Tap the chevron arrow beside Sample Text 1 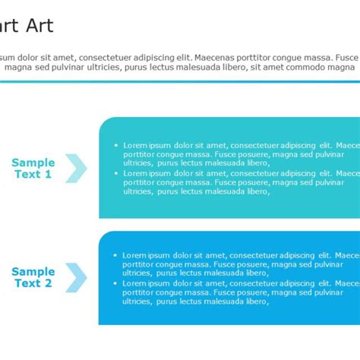point(76,168)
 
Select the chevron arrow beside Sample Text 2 point(76,277)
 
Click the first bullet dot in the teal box point(115,145)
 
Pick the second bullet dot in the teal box point(115,173)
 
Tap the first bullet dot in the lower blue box point(115,255)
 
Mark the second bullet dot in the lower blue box point(115,283)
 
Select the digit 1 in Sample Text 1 point(48,175)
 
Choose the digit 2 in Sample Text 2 point(48,284)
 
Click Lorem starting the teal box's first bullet point(135,145)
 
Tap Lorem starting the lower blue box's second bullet point(135,283)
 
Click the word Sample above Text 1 point(33,163)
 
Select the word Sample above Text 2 point(33,272)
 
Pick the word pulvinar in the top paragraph point(65,67)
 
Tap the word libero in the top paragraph point(233,67)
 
